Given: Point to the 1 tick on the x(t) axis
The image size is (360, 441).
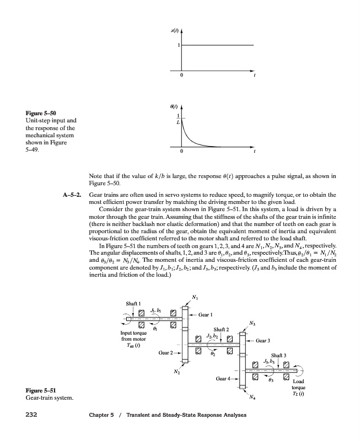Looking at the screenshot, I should [178, 45].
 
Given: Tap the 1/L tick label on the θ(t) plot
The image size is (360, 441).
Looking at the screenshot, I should [178, 119].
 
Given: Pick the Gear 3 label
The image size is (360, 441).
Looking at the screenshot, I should [262, 340].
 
